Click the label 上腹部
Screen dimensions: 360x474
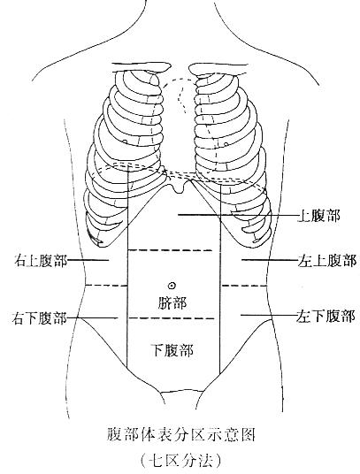319,216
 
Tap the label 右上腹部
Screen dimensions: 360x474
41,260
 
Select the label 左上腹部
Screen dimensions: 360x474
327,260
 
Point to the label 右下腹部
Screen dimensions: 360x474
39,318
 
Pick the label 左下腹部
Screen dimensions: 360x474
326,317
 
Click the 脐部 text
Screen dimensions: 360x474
172,303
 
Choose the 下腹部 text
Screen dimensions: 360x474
172,351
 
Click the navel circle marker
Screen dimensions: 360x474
172,285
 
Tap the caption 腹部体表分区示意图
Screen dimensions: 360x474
180,435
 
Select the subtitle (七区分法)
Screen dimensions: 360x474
180,461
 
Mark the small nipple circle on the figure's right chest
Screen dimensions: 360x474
125,141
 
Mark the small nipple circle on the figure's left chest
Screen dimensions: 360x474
226,144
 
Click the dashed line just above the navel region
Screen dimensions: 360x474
171,250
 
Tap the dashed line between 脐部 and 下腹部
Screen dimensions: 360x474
172,318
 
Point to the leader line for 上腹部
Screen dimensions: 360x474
238,215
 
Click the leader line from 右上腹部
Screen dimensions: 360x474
88,260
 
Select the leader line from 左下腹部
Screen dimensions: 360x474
268,316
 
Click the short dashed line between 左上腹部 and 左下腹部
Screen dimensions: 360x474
244,286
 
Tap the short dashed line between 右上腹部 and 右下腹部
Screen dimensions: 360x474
106,286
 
